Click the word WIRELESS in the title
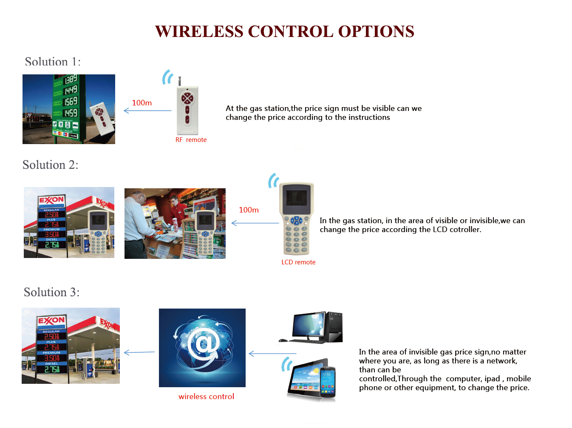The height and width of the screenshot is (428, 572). pyautogui.click(x=199, y=31)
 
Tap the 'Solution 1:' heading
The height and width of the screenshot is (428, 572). pyautogui.click(x=53, y=62)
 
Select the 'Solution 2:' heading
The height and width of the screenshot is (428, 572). pyautogui.click(x=50, y=165)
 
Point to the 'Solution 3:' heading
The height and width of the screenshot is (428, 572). pyautogui.click(x=51, y=292)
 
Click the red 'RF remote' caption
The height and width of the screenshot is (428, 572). pyautogui.click(x=191, y=140)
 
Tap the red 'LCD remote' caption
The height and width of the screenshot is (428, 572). pyautogui.click(x=298, y=262)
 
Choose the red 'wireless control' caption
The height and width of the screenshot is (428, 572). pyautogui.click(x=206, y=397)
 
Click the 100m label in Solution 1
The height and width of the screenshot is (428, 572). pyautogui.click(x=142, y=103)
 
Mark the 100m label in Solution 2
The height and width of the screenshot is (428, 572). pyautogui.click(x=249, y=210)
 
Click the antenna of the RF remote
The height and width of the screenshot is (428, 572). pyautogui.click(x=180, y=81)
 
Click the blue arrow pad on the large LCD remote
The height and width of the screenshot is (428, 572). pyautogui.click(x=297, y=221)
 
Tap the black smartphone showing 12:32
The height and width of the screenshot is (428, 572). pyautogui.click(x=328, y=383)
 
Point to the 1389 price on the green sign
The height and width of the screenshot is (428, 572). pyautogui.click(x=71, y=79)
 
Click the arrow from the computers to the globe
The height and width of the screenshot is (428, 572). pyautogui.click(x=272, y=354)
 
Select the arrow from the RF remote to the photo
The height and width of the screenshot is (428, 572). pyautogui.click(x=147, y=111)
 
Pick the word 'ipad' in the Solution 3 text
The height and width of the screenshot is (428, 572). pyautogui.click(x=492, y=379)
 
